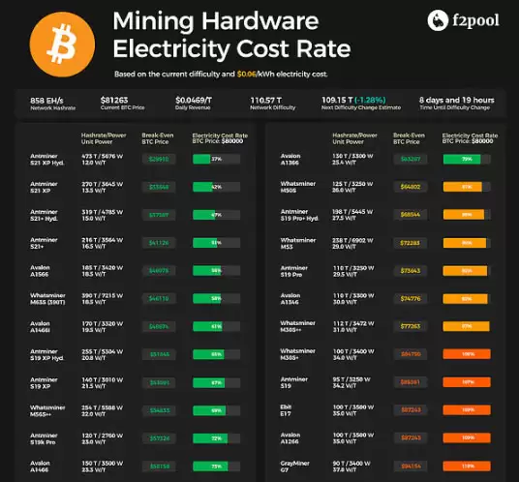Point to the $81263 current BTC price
pyautogui.click(x=114, y=99)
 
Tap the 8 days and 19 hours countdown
pyautogui.click(x=457, y=99)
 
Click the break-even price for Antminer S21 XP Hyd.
pyautogui.click(x=159, y=160)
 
